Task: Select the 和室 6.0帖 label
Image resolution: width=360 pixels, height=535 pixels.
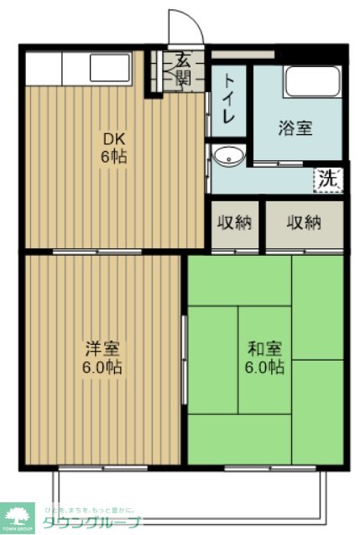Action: click(x=264, y=357)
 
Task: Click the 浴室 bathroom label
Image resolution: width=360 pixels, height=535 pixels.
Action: click(x=295, y=128)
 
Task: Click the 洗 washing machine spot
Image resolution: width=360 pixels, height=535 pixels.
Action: click(x=329, y=179)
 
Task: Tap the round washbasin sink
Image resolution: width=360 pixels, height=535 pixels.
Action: click(x=227, y=157)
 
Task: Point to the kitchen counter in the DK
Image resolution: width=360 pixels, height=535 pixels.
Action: click(x=77, y=67)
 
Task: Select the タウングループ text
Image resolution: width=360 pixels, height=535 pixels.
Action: click(x=92, y=522)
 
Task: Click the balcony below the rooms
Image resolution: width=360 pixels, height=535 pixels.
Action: click(x=189, y=495)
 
